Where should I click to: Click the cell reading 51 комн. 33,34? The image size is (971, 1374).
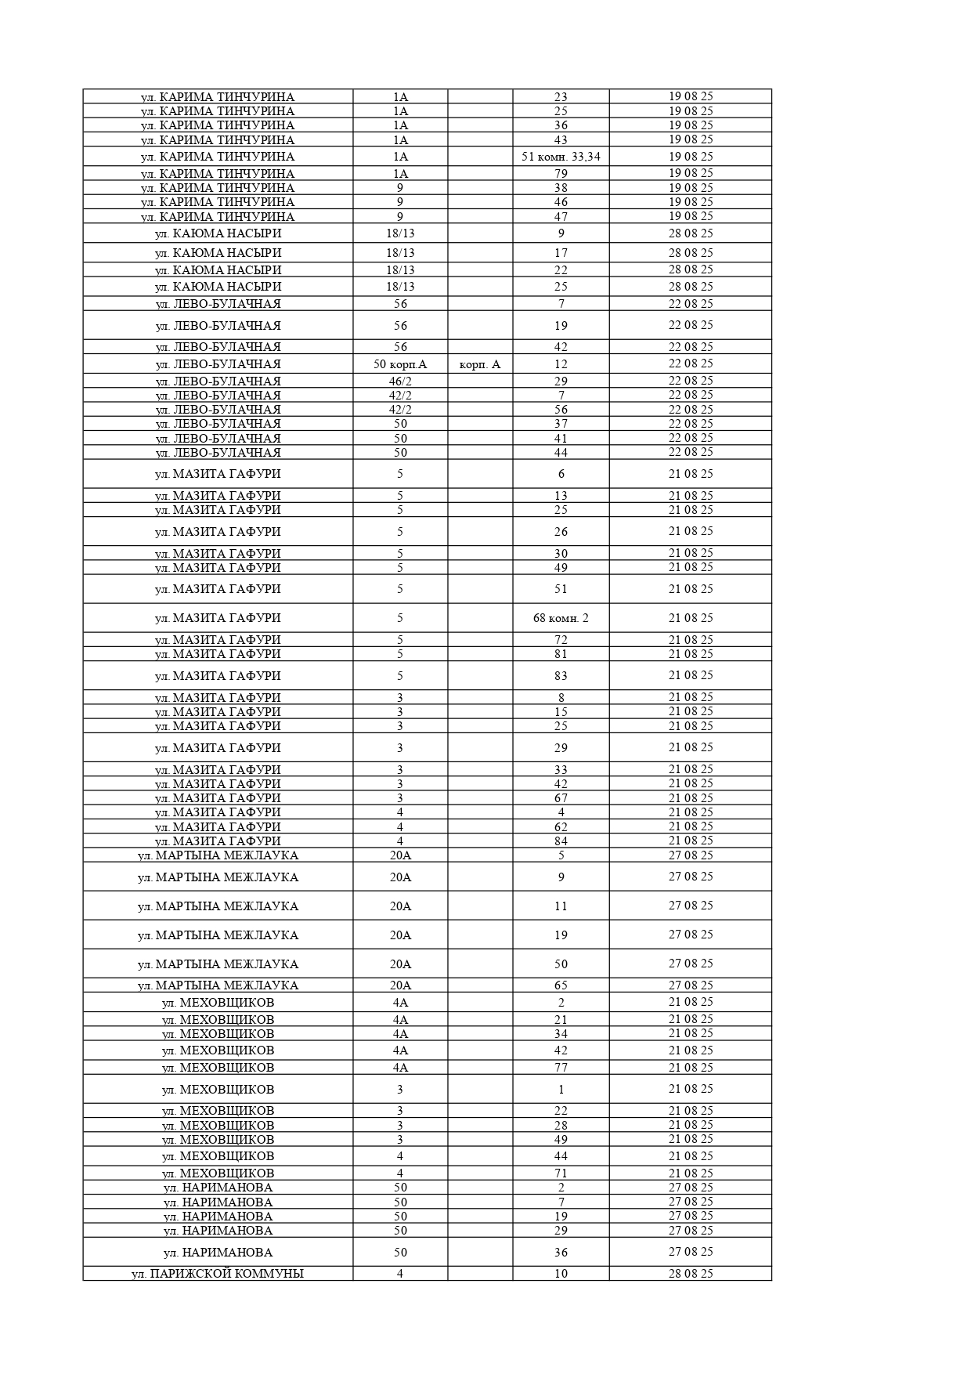(x=561, y=157)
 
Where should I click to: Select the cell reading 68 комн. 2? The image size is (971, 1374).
(x=561, y=618)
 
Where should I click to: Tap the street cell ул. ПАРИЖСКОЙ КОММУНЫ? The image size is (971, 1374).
(x=218, y=1274)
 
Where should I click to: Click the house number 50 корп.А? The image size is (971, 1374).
(x=400, y=364)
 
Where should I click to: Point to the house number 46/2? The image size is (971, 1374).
(x=400, y=381)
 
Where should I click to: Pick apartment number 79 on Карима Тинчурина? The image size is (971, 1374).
(x=561, y=174)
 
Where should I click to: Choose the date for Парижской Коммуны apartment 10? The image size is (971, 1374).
(x=691, y=1274)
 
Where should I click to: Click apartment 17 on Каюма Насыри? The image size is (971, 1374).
(x=561, y=253)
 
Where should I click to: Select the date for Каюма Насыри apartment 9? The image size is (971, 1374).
(x=691, y=233)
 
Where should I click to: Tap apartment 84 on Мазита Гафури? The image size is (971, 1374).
(x=561, y=841)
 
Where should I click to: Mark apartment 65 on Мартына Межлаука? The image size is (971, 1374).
(x=561, y=985)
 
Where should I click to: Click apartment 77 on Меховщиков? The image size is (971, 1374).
(x=561, y=1068)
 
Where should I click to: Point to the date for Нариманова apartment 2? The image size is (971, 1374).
(x=691, y=1188)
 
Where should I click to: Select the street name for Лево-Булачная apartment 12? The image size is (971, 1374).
(x=218, y=364)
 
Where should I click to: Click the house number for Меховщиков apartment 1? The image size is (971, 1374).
(x=400, y=1090)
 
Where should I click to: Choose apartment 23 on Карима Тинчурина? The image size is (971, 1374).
(x=561, y=97)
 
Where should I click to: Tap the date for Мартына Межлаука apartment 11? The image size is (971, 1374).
(x=691, y=906)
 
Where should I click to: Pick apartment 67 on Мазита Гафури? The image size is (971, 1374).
(x=561, y=798)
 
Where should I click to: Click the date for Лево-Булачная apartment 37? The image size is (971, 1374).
(x=691, y=424)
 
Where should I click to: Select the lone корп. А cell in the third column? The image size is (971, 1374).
(x=480, y=364)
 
